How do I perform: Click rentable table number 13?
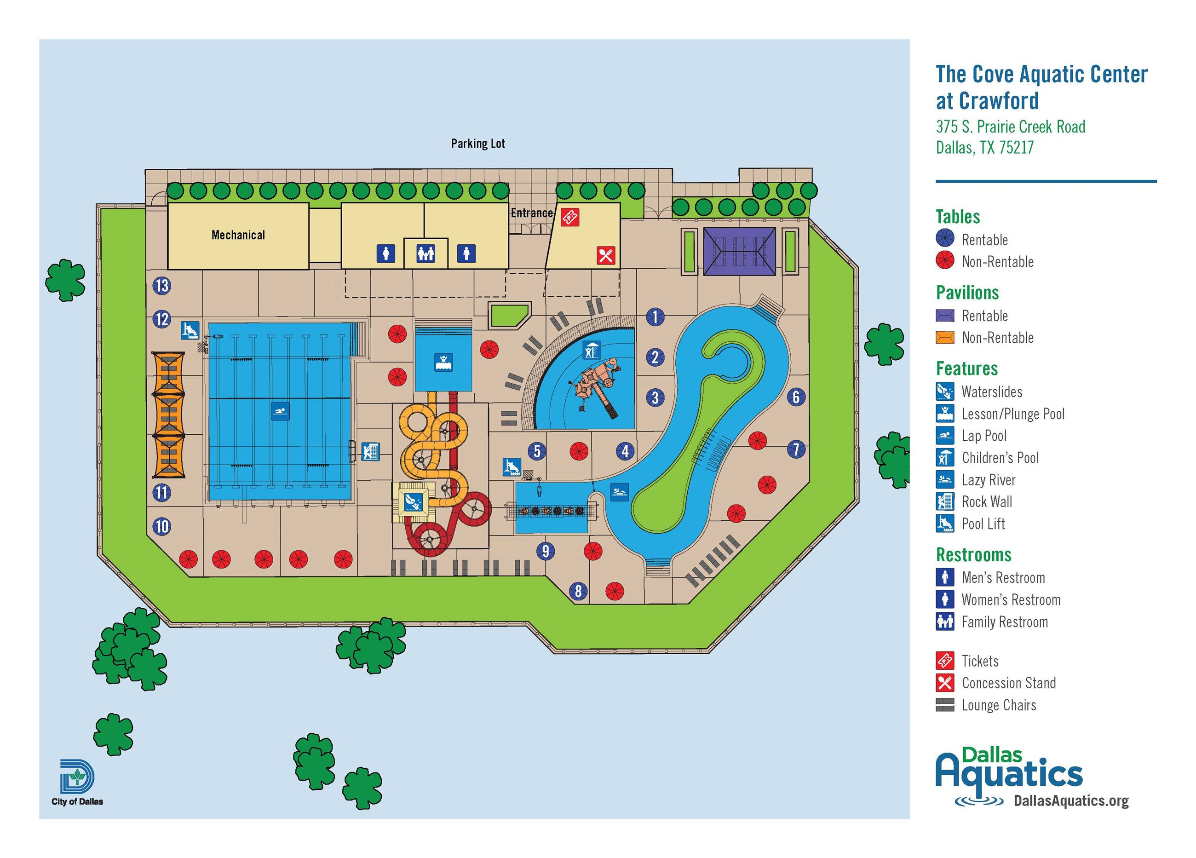click(161, 286)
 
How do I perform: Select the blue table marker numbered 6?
click(796, 397)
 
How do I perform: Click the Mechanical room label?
click(238, 235)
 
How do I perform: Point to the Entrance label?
click(532, 213)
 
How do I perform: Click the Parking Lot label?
click(478, 144)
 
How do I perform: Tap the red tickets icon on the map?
click(569, 217)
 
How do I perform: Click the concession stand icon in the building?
click(606, 255)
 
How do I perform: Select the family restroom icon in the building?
click(425, 253)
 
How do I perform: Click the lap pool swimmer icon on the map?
click(280, 411)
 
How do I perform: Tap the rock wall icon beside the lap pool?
click(371, 451)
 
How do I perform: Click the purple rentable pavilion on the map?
click(739, 251)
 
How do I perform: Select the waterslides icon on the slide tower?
click(413, 501)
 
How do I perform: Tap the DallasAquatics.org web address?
click(1070, 800)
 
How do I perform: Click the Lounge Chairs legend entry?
click(998, 705)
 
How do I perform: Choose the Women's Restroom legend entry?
click(1010, 599)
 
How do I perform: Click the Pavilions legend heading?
click(967, 292)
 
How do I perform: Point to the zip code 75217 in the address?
click(1016, 147)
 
